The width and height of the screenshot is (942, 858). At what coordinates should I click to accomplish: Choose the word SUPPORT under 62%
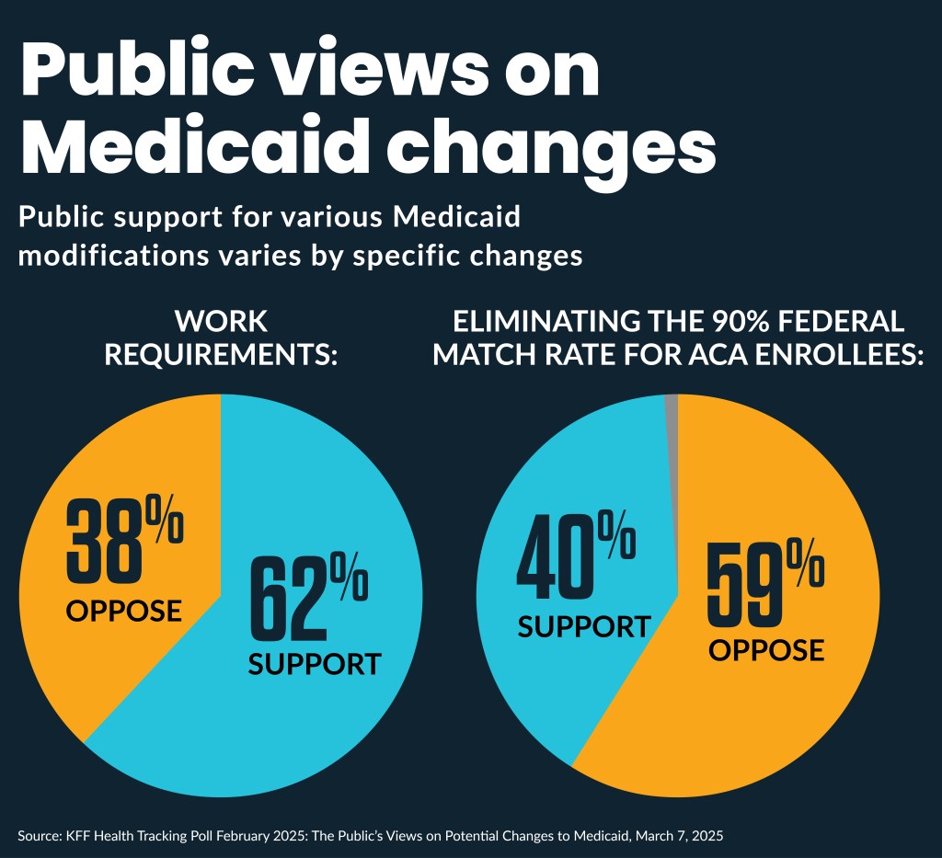pos(314,664)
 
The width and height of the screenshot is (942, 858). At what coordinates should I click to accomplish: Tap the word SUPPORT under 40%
pos(583,626)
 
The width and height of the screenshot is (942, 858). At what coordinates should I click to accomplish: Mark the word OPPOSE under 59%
pos(765,649)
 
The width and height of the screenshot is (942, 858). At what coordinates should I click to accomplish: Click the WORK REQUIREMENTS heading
pos(221,337)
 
